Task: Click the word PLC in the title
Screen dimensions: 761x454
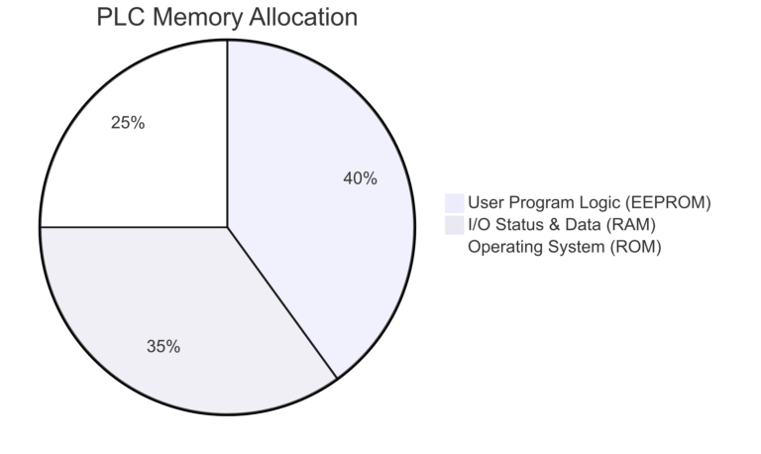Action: pos(121,17)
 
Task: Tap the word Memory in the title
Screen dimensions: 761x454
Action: pos(197,18)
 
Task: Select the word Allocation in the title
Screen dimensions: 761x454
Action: pos(304,17)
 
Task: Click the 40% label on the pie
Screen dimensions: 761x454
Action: pos(360,178)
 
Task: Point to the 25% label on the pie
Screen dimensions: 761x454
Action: pos(128,123)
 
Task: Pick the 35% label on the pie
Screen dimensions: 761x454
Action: pos(163,347)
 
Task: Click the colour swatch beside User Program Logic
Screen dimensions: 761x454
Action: pos(454,203)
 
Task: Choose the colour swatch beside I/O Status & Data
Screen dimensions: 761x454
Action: pos(454,225)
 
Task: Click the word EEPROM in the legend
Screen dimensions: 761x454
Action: pos(668,202)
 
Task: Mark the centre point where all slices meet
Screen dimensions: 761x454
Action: pos(227,227)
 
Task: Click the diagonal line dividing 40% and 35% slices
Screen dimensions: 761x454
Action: pos(282,302)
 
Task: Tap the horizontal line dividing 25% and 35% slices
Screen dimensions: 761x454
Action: pos(134,227)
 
